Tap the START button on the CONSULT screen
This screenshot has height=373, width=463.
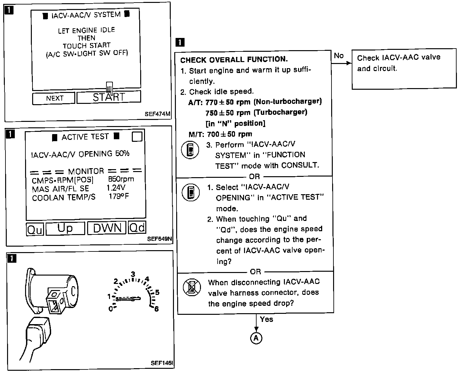pyautogui.click(x=108, y=97)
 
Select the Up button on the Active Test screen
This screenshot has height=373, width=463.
pyautogui.click(x=65, y=228)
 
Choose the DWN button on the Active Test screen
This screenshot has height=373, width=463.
pyautogui.click(x=107, y=228)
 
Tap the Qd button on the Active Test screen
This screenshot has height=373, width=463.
pyautogui.click(x=137, y=228)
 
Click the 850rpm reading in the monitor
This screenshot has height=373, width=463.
pyautogui.click(x=121, y=179)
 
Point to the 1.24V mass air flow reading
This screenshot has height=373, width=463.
pyautogui.click(x=116, y=188)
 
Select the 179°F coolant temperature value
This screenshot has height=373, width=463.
pyautogui.click(x=119, y=196)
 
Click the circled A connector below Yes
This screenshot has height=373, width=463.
pyautogui.click(x=256, y=338)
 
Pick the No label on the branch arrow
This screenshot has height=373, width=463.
pyautogui.click(x=339, y=56)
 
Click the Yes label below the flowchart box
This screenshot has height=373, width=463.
pyautogui.click(x=266, y=319)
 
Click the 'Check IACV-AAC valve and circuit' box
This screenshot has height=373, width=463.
pyautogui.click(x=404, y=68)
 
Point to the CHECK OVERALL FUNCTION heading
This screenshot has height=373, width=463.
pyautogui.click(x=234, y=60)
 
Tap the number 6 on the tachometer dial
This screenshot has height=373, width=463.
pyautogui.click(x=157, y=309)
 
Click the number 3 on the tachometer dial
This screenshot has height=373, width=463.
pyautogui.click(x=132, y=274)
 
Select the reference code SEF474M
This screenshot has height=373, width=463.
pyautogui.click(x=158, y=114)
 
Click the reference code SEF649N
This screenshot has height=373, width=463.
pyautogui.click(x=159, y=239)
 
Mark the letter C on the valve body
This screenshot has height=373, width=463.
pyautogui.click(x=73, y=291)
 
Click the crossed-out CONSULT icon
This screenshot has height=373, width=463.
pyautogui.click(x=192, y=287)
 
